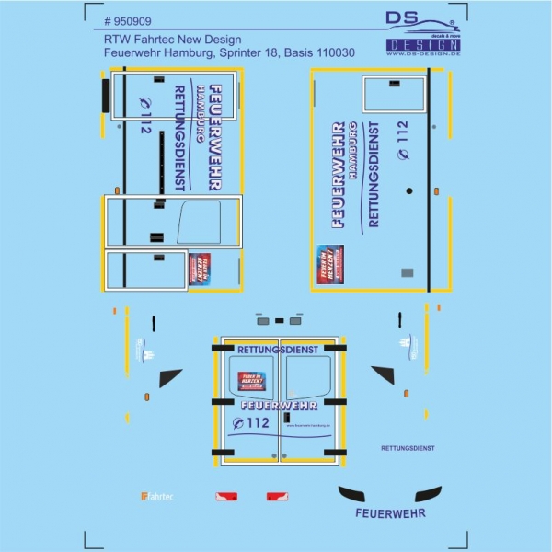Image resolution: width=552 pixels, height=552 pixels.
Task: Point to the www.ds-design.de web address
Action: tap(423, 54)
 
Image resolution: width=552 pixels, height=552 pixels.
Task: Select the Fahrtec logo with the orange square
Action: tap(157, 497)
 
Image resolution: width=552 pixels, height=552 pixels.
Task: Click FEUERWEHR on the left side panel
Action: tap(214, 137)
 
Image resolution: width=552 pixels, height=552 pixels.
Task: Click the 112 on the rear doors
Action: tap(251, 423)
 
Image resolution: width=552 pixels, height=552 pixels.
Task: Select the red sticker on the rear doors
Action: tap(251, 381)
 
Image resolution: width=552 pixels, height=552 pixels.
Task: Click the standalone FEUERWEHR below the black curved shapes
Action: tap(390, 513)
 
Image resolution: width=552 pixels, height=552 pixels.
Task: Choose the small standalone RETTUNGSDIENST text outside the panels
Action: tap(407, 448)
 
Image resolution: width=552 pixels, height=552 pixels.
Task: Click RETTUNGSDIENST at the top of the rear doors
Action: tap(277, 351)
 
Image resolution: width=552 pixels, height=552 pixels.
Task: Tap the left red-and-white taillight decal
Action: tap(226, 497)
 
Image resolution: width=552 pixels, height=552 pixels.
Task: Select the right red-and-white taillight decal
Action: tap(276, 497)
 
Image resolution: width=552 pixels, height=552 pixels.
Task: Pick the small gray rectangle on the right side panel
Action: tap(408, 272)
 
